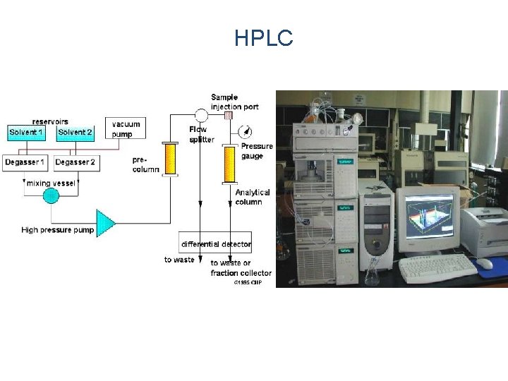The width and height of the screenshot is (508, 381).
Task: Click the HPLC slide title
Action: [264, 39]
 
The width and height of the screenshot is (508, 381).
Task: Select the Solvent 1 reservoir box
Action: [26, 132]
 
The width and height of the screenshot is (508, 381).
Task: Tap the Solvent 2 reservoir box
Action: [75, 132]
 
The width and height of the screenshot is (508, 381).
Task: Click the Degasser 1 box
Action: [26, 163]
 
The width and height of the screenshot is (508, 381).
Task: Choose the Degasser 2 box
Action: [75, 163]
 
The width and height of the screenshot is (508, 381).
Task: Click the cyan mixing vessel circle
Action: [51, 195]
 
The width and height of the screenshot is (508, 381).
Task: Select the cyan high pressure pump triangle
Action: [104, 222]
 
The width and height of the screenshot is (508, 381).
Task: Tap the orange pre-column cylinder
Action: [170, 159]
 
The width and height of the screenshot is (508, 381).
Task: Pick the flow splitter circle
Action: [200, 115]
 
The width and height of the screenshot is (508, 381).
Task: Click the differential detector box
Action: [215, 244]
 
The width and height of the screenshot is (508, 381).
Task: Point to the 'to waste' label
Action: [179, 260]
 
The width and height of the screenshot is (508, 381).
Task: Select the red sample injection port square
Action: [229, 115]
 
